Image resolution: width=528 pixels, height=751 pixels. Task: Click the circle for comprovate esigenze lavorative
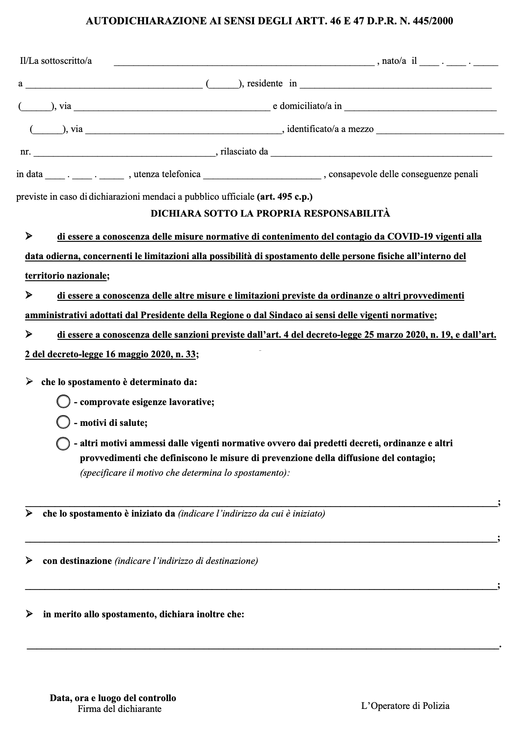pyautogui.click(x=63, y=402)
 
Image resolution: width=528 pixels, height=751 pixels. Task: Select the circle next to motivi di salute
pyautogui.click(x=63, y=422)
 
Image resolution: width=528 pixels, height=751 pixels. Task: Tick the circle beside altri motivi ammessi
pyautogui.click(x=63, y=444)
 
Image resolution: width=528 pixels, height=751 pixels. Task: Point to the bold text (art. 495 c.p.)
pyautogui.click(x=284, y=197)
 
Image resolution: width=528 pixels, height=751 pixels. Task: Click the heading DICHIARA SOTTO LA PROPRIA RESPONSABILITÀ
pyautogui.click(x=270, y=214)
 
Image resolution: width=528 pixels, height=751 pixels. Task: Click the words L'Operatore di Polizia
pyautogui.click(x=405, y=706)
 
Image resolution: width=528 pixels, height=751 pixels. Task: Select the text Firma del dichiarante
pyautogui.click(x=119, y=709)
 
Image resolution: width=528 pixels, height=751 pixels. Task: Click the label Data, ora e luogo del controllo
pyautogui.click(x=113, y=698)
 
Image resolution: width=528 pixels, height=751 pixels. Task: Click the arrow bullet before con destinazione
pyautogui.click(x=29, y=560)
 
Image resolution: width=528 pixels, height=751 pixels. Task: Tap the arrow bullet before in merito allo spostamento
pyautogui.click(x=29, y=614)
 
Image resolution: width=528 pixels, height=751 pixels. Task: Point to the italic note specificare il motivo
pyautogui.click(x=185, y=473)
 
